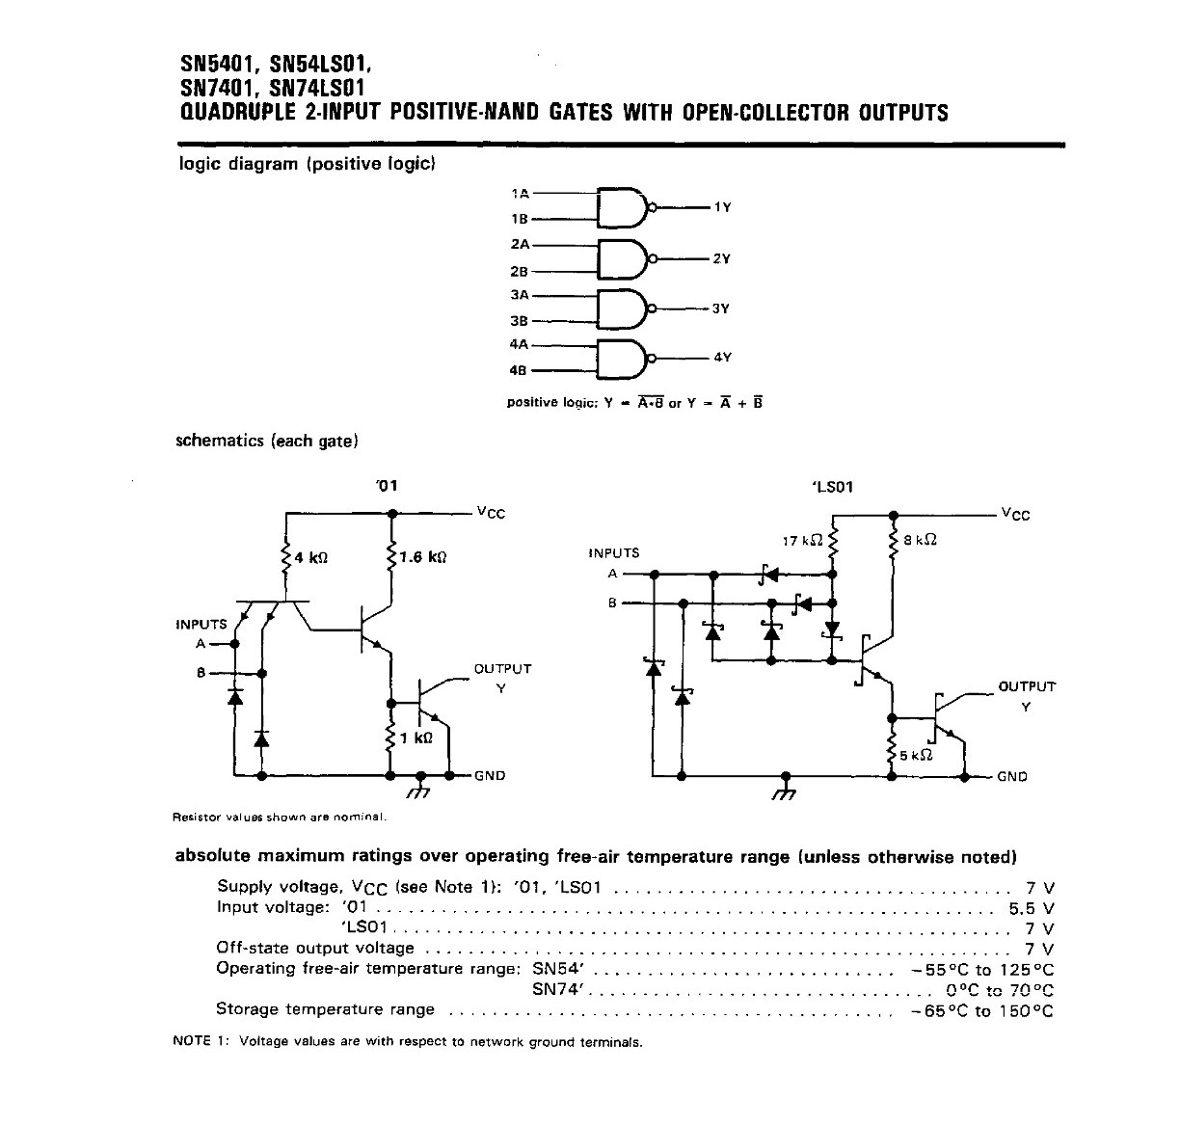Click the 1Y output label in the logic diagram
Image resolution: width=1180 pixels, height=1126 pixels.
coord(722,207)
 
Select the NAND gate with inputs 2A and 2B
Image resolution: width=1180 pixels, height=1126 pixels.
coord(624,259)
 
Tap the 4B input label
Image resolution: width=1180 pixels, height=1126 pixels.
coord(518,370)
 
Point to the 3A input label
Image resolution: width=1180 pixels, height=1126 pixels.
coord(520,295)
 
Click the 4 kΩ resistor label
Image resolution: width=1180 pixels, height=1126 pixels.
coord(310,557)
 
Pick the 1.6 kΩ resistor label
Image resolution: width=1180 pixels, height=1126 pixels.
coord(422,557)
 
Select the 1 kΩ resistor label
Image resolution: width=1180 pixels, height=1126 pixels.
coord(416,737)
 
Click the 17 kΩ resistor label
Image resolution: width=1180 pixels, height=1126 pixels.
coord(802,541)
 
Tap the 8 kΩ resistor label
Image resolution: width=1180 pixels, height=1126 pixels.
coord(920,540)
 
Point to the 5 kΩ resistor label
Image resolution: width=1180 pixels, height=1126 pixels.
coord(916,755)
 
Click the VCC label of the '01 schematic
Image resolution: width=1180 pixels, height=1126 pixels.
coord(491,513)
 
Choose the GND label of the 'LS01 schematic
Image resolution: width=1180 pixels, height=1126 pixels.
coord(1012,777)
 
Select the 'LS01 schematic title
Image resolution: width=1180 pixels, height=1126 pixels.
coord(833,487)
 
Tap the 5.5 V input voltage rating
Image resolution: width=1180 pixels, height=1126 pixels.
coord(1032,908)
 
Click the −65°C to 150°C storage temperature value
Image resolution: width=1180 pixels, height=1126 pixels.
coord(982,1010)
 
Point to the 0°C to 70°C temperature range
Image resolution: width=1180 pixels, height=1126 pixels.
coord(1000,990)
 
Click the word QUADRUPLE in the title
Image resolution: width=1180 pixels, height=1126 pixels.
coord(238,112)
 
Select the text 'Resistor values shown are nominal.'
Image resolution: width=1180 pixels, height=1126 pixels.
coord(280,817)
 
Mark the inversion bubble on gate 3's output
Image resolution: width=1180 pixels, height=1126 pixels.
coord(653,308)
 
